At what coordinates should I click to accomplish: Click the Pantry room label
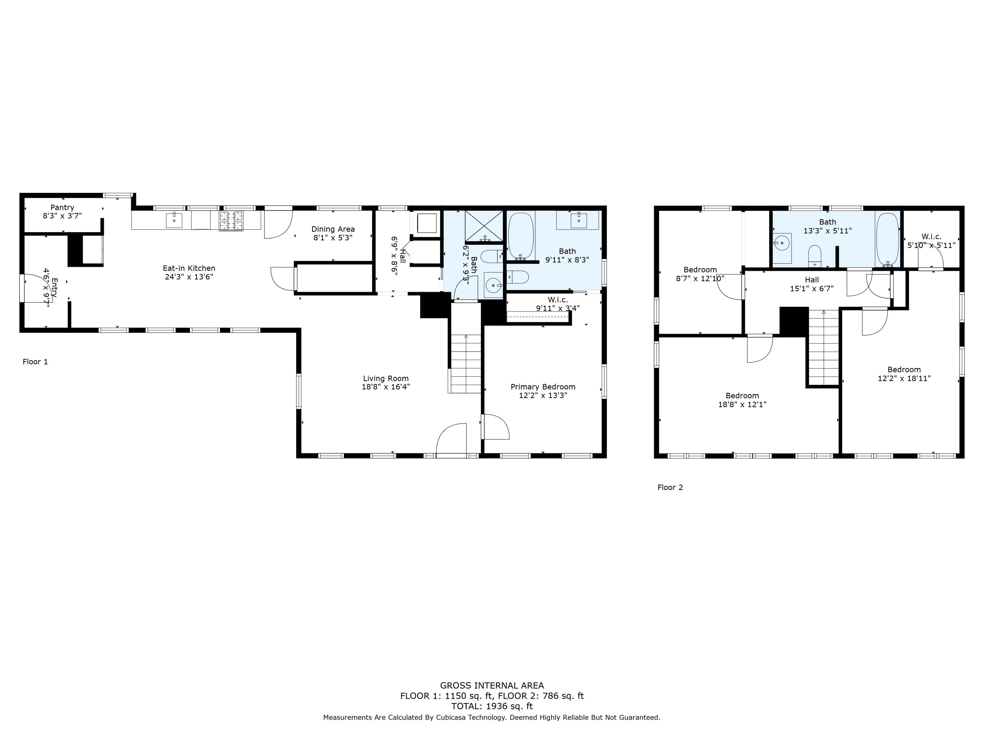62,208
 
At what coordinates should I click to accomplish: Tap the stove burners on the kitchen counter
231,221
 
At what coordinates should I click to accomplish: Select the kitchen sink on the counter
174,220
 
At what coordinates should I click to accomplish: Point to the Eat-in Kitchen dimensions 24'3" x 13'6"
189,277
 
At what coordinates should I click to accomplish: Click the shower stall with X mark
484,226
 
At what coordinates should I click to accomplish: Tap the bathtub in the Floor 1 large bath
521,236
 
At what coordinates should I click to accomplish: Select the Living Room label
385,379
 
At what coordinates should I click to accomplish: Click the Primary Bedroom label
543,387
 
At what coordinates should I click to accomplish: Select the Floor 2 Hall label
811,280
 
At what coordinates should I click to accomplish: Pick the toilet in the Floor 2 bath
814,256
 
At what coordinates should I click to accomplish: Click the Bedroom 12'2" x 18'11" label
904,370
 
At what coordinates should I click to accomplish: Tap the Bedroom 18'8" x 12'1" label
742,396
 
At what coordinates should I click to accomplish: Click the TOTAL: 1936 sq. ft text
492,706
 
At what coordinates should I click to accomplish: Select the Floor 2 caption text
670,487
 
